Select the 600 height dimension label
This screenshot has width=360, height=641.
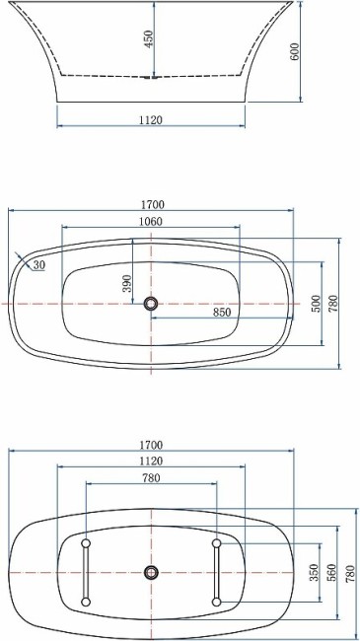(x=294, y=52)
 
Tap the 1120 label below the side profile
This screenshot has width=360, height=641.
(x=151, y=119)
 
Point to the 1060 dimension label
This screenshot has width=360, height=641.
(x=151, y=221)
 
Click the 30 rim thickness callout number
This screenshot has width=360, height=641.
(x=38, y=265)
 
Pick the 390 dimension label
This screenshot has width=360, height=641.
(x=126, y=284)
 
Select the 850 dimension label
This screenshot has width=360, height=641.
(x=223, y=312)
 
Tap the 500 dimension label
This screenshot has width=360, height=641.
(x=316, y=304)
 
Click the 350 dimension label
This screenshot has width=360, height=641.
(x=313, y=573)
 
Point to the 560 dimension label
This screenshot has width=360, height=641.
(x=332, y=573)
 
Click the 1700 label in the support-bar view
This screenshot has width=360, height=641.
(x=151, y=445)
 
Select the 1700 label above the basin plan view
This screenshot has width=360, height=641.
(x=151, y=205)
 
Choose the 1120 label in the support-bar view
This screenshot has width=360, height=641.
(x=151, y=461)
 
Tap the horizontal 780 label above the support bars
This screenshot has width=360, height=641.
(x=151, y=477)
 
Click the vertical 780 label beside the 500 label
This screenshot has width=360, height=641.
(x=333, y=304)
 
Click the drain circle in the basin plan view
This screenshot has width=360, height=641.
(x=151, y=304)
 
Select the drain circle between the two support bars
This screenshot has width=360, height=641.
(x=151, y=572)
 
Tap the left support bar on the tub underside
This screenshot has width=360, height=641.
(x=86, y=572)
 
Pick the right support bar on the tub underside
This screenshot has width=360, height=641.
(x=216, y=572)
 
